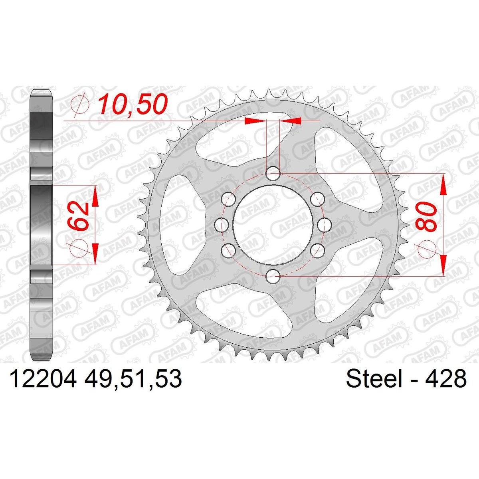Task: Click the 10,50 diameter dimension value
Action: (132, 105)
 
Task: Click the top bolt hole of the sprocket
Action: (273, 174)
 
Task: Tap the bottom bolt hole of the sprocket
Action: (273, 276)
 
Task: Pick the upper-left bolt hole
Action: (229, 199)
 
